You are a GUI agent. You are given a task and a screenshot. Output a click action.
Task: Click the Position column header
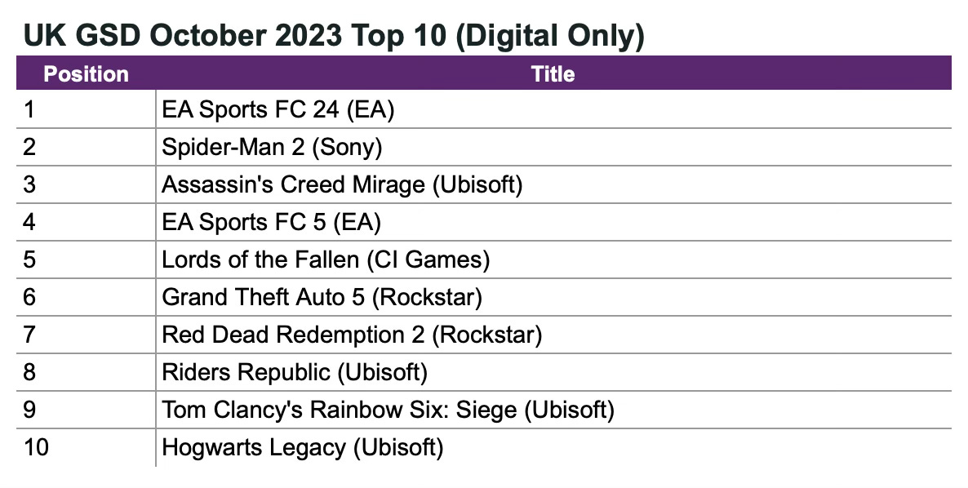point(86,73)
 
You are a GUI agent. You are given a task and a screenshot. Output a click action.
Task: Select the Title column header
point(553,73)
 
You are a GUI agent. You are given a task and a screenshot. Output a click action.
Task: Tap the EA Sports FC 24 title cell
point(278,109)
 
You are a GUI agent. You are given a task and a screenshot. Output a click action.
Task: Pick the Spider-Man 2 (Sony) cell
point(272,147)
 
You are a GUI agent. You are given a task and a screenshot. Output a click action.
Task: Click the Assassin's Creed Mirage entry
point(342,184)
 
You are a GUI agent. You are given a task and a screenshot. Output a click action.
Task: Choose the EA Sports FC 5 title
point(272,222)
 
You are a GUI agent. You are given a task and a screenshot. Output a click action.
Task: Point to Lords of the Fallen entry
point(326,260)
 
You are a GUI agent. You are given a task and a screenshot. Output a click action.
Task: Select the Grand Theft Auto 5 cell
point(322,297)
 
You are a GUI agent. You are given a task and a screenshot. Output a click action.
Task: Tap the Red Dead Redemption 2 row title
point(352,335)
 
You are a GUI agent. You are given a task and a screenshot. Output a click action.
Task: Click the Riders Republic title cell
point(295,372)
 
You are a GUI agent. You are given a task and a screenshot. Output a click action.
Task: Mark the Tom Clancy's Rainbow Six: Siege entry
point(388,410)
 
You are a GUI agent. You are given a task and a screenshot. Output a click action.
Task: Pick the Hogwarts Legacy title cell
point(303,447)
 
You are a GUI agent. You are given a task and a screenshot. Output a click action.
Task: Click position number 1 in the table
point(29,109)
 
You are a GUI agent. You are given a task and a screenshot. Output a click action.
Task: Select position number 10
point(37,447)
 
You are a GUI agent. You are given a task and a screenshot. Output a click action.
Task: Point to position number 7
point(30,335)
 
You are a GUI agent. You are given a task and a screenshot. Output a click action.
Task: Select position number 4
point(30,222)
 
